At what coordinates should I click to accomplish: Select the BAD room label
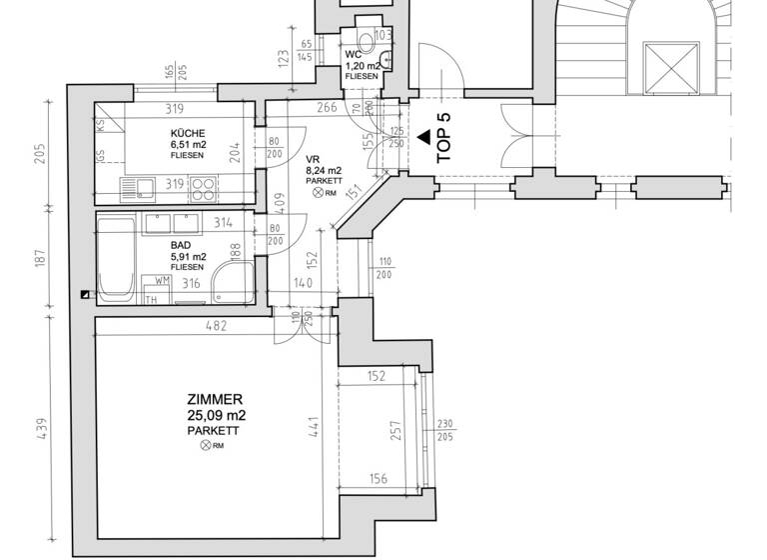(181, 243)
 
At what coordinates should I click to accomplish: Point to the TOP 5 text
(444, 137)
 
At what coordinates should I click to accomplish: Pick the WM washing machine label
(161, 283)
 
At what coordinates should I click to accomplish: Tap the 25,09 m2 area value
(217, 414)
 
